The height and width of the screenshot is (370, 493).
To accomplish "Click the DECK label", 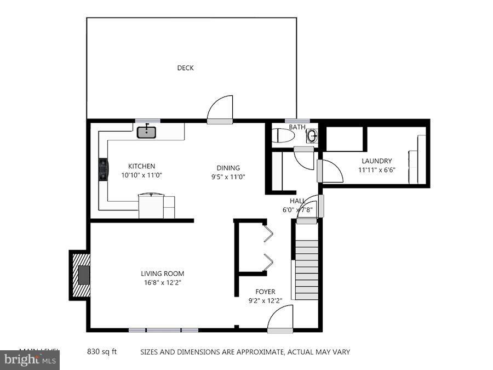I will click(185, 68).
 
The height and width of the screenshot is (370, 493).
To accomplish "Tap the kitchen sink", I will click(146, 132).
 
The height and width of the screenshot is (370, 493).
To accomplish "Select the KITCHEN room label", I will click(141, 166).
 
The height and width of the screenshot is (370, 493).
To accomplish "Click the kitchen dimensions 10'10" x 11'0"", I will click(141, 175).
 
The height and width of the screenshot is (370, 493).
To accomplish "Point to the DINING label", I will click(228, 168).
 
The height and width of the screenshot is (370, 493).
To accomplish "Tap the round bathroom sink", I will click(312, 135).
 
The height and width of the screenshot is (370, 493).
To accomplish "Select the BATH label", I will click(297, 127).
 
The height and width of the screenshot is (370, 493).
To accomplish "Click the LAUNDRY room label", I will click(376, 161).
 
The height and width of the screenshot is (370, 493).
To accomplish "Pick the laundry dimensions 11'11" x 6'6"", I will click(376, 170).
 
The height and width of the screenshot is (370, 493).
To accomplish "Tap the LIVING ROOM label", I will click(162, 274).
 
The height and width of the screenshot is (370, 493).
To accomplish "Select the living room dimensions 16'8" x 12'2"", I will click(162, 283).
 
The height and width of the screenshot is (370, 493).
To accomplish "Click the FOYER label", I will click(265, 292).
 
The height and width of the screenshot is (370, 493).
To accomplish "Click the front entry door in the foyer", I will click(280, 321).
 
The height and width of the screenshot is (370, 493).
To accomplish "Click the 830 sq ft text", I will click(102, 352).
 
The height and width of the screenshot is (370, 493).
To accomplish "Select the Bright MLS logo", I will click(30, 360).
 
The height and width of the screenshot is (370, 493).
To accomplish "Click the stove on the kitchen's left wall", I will click(102, 169).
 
